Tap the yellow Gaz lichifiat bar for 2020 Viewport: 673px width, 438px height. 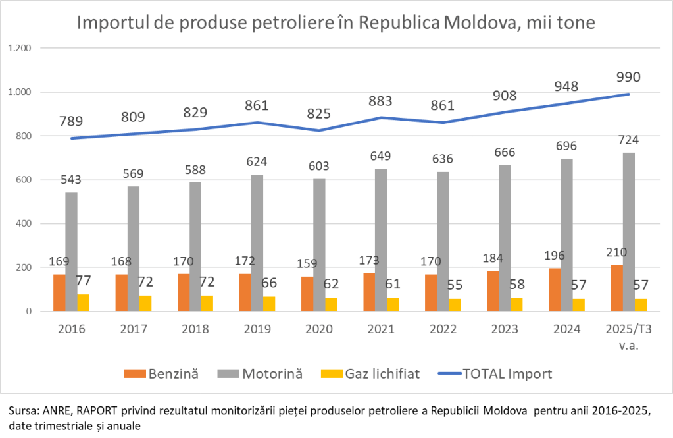point(331,304)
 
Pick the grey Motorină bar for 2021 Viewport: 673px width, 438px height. point(380,240)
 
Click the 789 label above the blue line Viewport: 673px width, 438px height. point(72,121)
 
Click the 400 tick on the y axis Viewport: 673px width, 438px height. point(25,224)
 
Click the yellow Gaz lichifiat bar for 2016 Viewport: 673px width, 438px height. point(84,303)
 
